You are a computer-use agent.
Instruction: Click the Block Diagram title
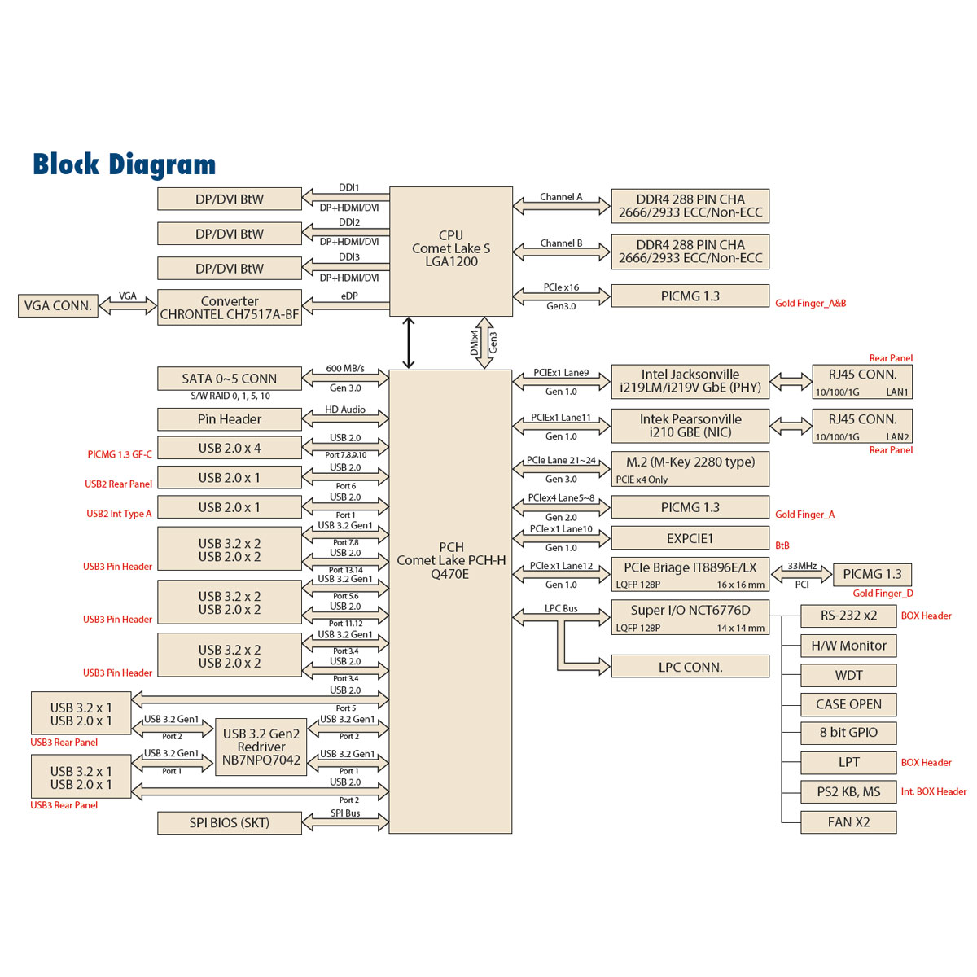pyautogui.click(x=125, y=164)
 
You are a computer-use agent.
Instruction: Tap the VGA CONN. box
pyautogui.click(x=58, y=306)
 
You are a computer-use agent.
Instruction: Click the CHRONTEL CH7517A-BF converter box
pyautogui.click(x=230, y=308)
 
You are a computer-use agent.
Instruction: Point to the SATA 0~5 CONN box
pyautogui.click(x=229, y=379)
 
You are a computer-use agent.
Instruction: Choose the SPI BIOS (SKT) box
pyautogui.click(x=229, y=823)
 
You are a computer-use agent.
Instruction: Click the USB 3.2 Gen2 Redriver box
pyautogui.click(x=261, y=747)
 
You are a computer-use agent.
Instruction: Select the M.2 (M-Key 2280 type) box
pyautogui.click(x=690, y=469)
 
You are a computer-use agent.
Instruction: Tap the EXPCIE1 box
pyautogui.click(x=690, y=538)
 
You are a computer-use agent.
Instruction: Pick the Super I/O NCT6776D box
pyautogui.click(x=690, y=617)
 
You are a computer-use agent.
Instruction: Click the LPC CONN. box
pyautogui.click(x=690, y=667)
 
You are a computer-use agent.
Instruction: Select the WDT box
pyautogui.click(x=848, y=676)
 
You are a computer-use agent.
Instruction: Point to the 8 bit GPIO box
pyautogui.click(x=848, y=733)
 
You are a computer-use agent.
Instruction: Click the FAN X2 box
pyautogui.click(x=848, y=822)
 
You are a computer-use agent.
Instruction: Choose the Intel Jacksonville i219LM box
pyautogui.click(x=690, y=381)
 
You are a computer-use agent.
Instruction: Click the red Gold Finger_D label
pyautogui.click(x=883, y=594)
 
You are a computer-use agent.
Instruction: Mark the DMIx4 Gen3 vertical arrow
pyautogui.click(x=484, y=343)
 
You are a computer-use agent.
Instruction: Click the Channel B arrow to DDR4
pyautogui.click(x=562, y=252)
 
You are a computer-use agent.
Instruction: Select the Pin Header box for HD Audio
pyautogui.click(x=229, y=419)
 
